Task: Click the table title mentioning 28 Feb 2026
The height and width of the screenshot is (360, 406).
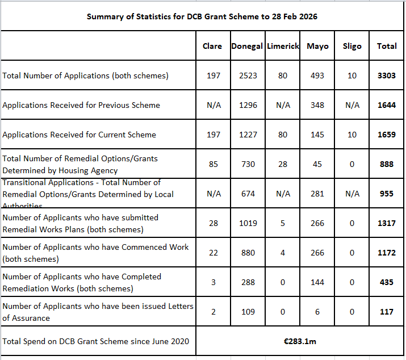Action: (x=202, y=16)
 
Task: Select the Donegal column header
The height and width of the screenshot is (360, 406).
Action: (x=248, y=46)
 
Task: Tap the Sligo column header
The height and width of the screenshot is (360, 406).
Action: (x=352, y=46)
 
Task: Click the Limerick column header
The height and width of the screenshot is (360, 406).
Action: (x=283, y=46)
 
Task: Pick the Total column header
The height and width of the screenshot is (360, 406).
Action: (x=387, y=46)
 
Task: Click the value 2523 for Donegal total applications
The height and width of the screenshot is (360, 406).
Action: (x=248, y=76)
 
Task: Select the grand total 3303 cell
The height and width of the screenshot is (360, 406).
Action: (x=387, y=76)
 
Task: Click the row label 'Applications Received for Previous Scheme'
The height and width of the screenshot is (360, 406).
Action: (x=81, y=105)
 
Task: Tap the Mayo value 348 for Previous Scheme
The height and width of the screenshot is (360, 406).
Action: (x=317, y=105)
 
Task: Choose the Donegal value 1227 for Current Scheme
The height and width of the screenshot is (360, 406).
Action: (x=248, y=135)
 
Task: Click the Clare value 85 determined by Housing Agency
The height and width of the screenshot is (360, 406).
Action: (x=213, y=164)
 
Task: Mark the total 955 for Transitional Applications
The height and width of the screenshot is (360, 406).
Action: (x=387, y=194)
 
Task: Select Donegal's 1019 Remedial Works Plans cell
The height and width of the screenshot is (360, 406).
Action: (x=248, y=223)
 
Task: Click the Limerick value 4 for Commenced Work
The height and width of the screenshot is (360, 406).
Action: (x=283, y=253)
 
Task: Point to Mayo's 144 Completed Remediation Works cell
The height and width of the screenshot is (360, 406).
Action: (x=317, y=282)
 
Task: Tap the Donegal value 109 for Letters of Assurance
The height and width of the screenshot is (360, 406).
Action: (x=248, y=312)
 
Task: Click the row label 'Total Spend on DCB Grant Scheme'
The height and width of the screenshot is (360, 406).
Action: (x=96, y=341)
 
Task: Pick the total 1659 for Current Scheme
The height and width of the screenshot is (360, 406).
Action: (x=387, y=135)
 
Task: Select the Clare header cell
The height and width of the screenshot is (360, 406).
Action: (x=212, y=46)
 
